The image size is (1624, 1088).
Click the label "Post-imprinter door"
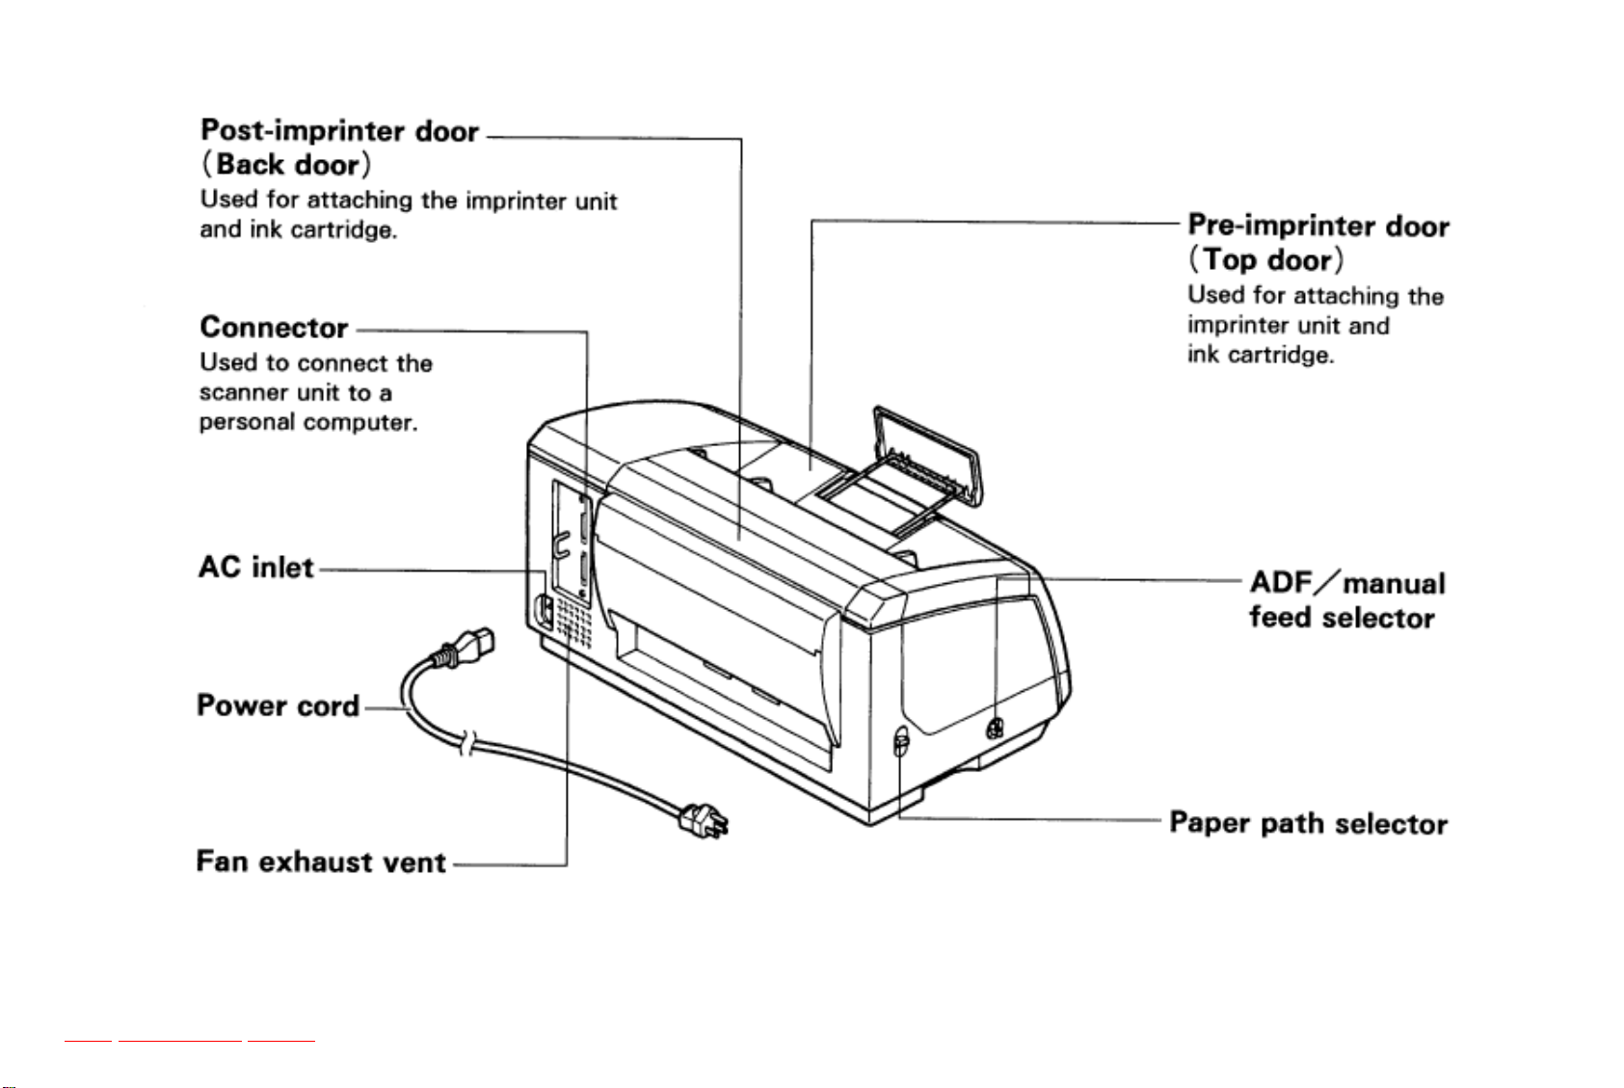pyautogui.click(x=339, y=130)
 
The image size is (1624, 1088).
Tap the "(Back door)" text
pyautogui.click(x=285, y=165)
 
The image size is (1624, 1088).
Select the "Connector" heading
pyautogui.click(x=274, y=327)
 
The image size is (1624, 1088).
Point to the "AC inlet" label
pyautogui.click(x=256, y=567)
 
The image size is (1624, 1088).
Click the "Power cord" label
pyautogui.click(x=279, y=705)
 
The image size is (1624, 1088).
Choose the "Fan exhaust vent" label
pyautogui.click(x=321, y=862)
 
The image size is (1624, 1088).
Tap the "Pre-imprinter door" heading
pyautogui.click(x=1318, y=226)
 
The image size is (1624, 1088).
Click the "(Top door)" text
pyautogui.click(x=1265, y=259)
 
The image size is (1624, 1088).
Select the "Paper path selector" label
pyautogui.click(x=1309, y=823)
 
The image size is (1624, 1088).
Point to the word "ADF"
pyautogui.click(x=1282, y=582)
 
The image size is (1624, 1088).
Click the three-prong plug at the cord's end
pyautogui.click(x=703, y=821)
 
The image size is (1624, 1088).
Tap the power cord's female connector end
pyautogui.click(x=464, y=648)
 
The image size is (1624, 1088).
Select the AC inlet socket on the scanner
pyautogui.click(x=544, y=611)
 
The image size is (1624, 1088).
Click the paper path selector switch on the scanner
pyautogui.click(x=901, y=741)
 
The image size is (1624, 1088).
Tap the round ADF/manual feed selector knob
pyautogui.click(x=996, y=728)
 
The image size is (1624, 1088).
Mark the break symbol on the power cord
pyautogui.click(x=468, y=743)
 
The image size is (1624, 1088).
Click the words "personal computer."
pyautogui.click(x=308, y=423)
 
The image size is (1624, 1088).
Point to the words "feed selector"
pyautogui.click(x=1342, y=618)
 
